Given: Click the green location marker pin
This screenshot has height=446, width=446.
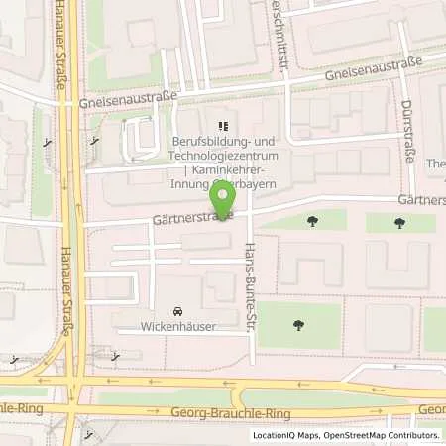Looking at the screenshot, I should pyautogui.click(x=224, y=197).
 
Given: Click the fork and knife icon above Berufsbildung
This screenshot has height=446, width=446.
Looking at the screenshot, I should pyautogui.click(x=223, y=127).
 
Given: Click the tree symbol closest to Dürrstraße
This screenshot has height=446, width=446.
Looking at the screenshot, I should pyautogui.click(x=399, y=222).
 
